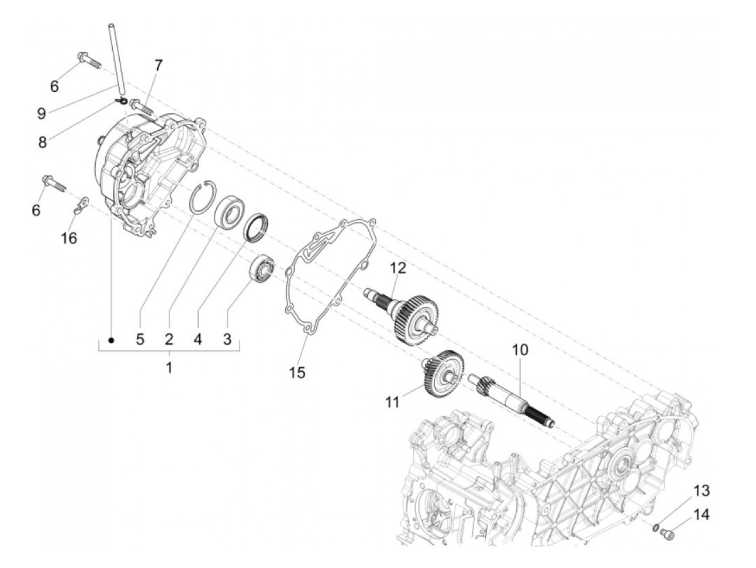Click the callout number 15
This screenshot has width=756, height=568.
(x=297, y=372)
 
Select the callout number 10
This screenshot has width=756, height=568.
(x=521, y=350)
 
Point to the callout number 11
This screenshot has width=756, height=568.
(x=393, y=402)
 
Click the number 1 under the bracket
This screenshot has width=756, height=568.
(x=169, y=368)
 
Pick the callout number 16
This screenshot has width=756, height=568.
(x=70, y=237)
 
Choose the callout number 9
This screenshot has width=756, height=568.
(x=42, y=113)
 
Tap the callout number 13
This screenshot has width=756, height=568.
(x=701, y=491)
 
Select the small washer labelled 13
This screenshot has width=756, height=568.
(x=654, y=527)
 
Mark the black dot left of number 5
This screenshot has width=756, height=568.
(x=111, y=340)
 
